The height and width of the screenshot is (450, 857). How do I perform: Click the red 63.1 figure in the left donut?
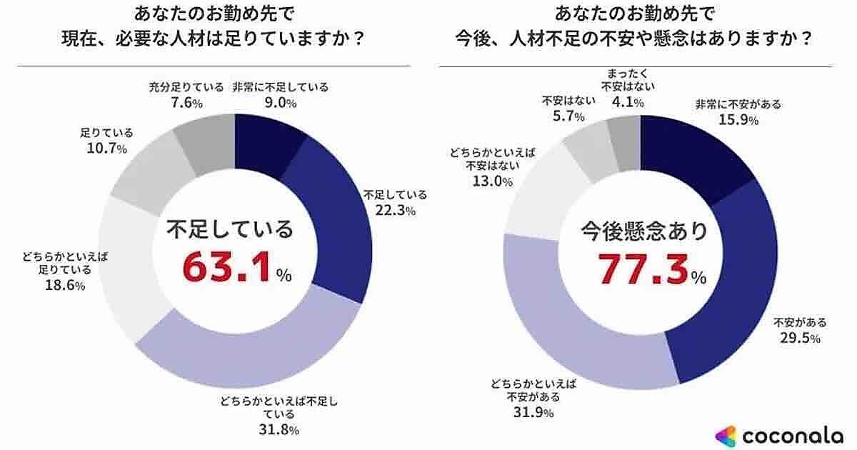pyautogui.click(x=228, y=267)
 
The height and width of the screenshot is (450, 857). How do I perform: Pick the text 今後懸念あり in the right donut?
pyautogui.click(x=643, y=231)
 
